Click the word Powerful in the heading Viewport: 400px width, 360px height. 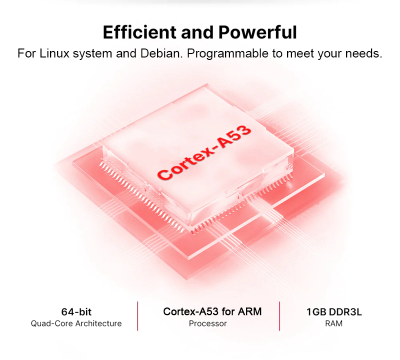(257, 32)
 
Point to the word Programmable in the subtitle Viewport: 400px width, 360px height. (227, 53)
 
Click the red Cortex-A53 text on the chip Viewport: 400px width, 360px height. (204, 153)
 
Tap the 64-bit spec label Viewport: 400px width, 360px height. (76, 312)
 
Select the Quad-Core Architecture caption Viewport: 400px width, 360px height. (76, 323)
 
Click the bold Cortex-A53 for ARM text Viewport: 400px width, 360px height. (212, 311)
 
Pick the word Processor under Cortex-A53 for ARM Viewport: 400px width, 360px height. (207, 323)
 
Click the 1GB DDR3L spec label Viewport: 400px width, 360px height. (334, 312)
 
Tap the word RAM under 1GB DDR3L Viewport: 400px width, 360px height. (334, 323)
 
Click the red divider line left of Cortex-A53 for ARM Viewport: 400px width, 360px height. (137, 316)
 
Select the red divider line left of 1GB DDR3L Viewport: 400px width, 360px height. (279, 316)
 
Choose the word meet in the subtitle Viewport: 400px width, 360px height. (299, 53)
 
